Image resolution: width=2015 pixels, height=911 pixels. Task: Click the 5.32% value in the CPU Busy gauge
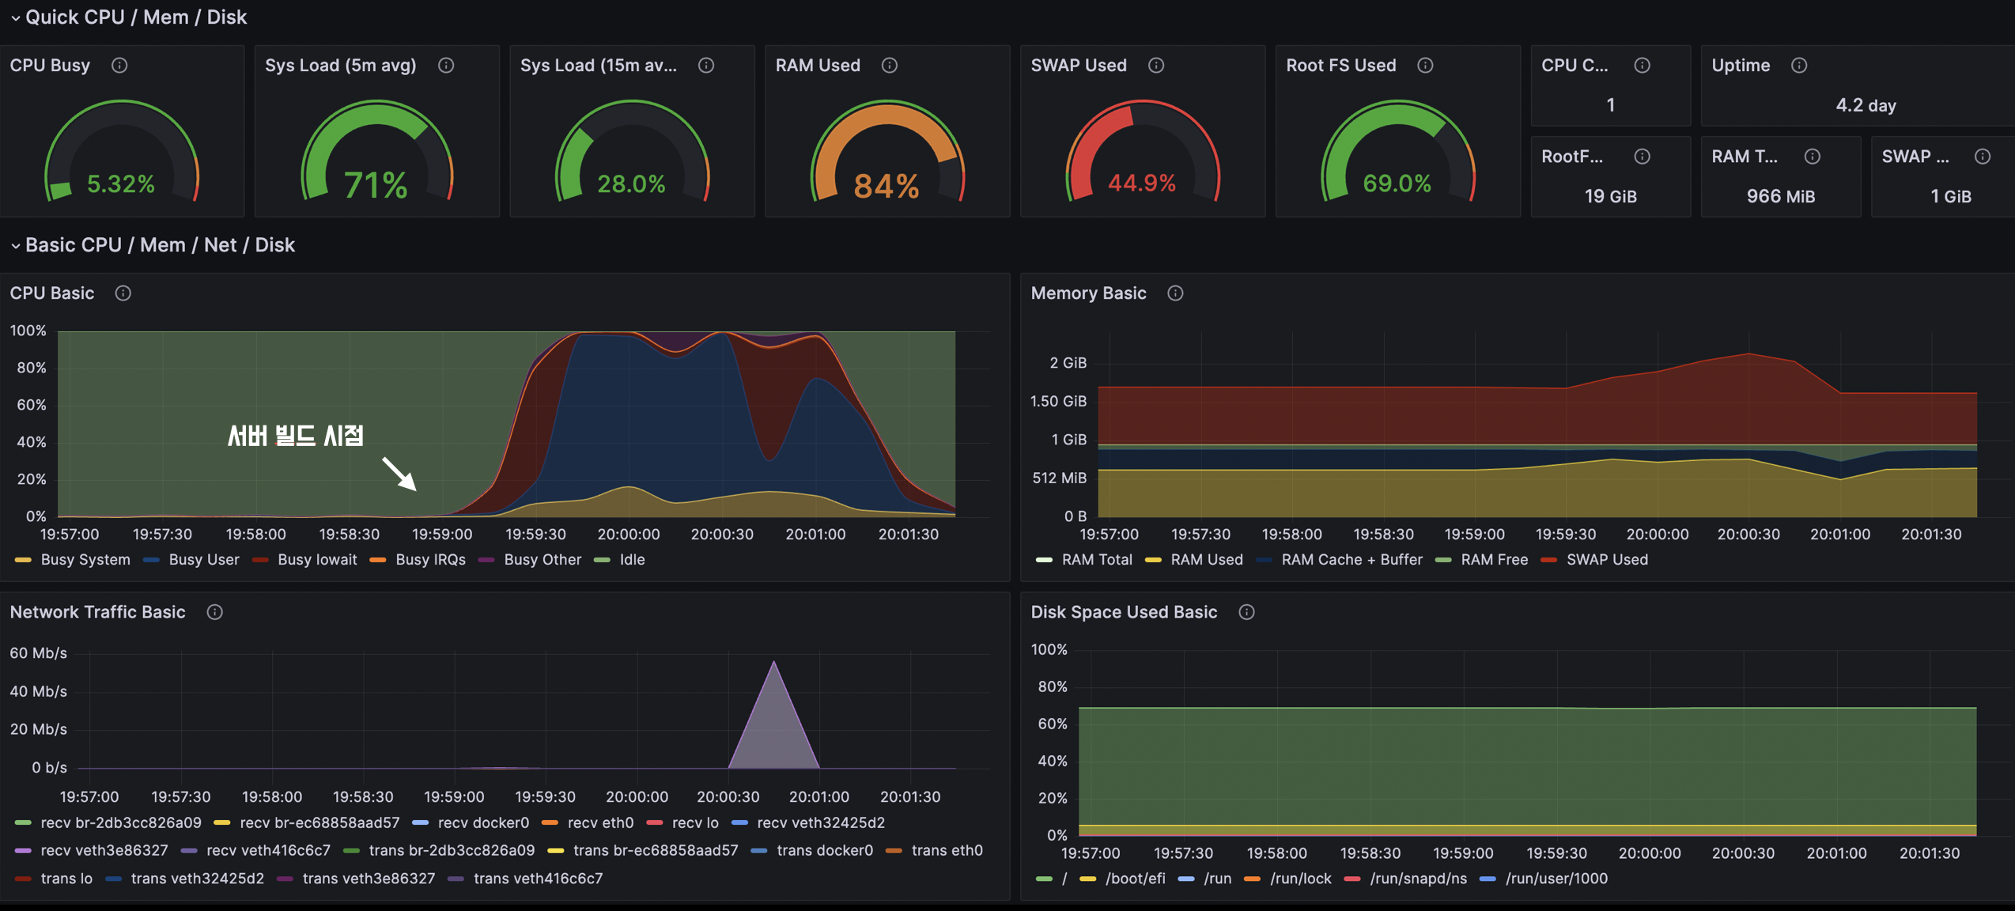click(120, 184)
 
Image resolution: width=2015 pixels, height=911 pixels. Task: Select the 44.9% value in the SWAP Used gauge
click(1141, 183)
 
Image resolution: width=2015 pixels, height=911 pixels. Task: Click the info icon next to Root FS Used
click(1425, 66)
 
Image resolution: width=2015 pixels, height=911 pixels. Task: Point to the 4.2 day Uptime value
click(1865, 105)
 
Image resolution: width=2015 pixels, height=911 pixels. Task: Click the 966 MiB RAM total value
click(1780, 196)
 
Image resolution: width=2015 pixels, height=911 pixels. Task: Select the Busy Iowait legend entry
click(316, 560)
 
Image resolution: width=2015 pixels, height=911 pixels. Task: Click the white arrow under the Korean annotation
click(399, 474)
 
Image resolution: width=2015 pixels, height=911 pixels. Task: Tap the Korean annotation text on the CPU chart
click(295, 436)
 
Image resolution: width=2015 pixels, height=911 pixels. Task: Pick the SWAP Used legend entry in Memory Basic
click(1606, 560)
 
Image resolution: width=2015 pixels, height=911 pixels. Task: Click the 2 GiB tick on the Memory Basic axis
click(1068, 363)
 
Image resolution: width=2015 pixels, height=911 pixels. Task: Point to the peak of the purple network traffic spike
click(773, 663)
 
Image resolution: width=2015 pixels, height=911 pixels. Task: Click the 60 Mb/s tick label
click(38, 653)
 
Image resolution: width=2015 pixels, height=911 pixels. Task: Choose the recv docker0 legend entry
click(482, 823)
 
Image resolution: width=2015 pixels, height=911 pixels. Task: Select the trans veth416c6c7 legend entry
click(538, 879)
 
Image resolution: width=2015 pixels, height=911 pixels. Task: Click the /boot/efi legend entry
click(1134, 879)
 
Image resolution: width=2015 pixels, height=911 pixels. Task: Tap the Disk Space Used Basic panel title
click(1123, 612)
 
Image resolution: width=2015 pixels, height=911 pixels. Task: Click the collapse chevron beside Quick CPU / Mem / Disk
click(15, 17)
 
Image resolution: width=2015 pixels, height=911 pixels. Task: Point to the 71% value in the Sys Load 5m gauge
click(376, 186)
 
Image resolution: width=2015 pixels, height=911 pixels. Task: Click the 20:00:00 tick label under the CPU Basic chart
click(628, 535)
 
